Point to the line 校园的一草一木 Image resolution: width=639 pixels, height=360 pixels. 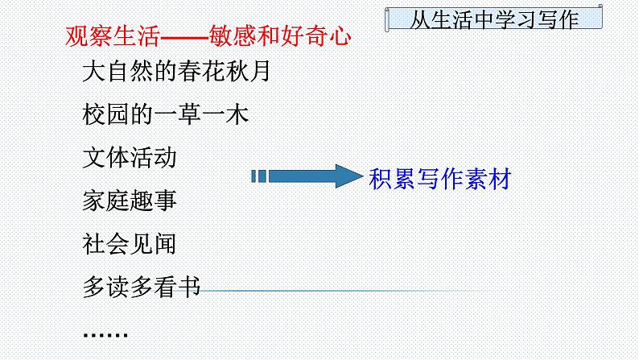tap(166, 114)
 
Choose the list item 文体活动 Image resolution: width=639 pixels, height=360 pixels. tap(130, 157)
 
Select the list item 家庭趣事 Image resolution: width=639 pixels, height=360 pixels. tap(130, 200)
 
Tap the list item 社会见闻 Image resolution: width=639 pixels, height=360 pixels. tap(130, 242)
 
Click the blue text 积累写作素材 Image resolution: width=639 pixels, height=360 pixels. tap(439, 178)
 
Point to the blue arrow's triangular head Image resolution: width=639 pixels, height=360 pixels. tap(347, 176)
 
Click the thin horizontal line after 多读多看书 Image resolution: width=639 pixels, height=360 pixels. tap(338, 290)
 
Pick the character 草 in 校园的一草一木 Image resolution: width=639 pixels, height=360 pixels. tap(188, 114)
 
